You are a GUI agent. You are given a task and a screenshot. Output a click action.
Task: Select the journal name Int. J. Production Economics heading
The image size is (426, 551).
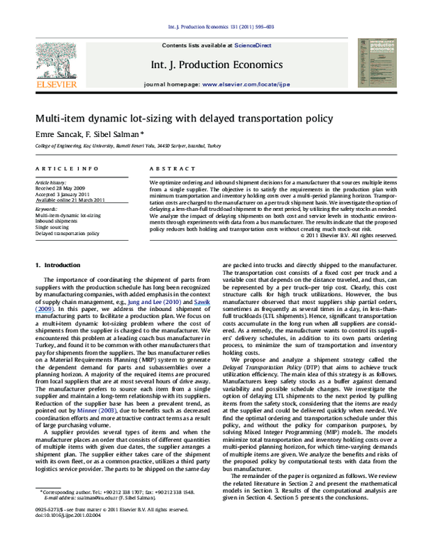pos(216,65)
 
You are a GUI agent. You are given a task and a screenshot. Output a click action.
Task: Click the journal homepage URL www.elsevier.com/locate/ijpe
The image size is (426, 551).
pos(242,84)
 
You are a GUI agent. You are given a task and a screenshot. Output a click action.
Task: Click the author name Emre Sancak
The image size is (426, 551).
pos(56,133)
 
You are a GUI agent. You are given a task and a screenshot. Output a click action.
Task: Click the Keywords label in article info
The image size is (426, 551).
pos(46,209)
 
